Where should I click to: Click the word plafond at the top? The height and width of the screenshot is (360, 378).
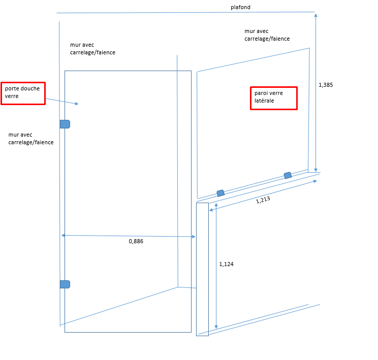click(240, 8)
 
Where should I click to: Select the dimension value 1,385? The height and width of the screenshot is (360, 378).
click(326, 85)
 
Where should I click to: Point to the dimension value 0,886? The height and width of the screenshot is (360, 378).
click(136, 242)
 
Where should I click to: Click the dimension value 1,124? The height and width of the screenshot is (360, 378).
click(226, 264)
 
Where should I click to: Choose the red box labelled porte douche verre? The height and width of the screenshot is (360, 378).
click(23, 93)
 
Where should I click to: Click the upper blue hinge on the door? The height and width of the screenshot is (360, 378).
click(65, 124)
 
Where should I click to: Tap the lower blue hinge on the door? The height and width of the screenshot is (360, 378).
click(65, 284)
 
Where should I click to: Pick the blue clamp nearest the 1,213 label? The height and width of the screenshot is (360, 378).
click(220, 193)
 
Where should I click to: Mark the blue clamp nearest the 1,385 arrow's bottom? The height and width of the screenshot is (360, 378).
click(288, 175)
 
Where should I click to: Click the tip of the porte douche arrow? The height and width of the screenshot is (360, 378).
click(78, 104)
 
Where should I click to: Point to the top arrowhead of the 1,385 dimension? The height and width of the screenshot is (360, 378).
click(316, 16)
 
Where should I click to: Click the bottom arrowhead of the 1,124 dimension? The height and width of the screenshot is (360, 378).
click(216, 327)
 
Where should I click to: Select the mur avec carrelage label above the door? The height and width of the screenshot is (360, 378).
click(92, 48)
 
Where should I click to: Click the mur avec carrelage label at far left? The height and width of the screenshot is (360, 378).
click(31, 139)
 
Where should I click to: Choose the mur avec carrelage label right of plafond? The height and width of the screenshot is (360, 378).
click(267, 35)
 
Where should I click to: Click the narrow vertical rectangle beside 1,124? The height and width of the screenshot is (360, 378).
click(202, 269)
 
